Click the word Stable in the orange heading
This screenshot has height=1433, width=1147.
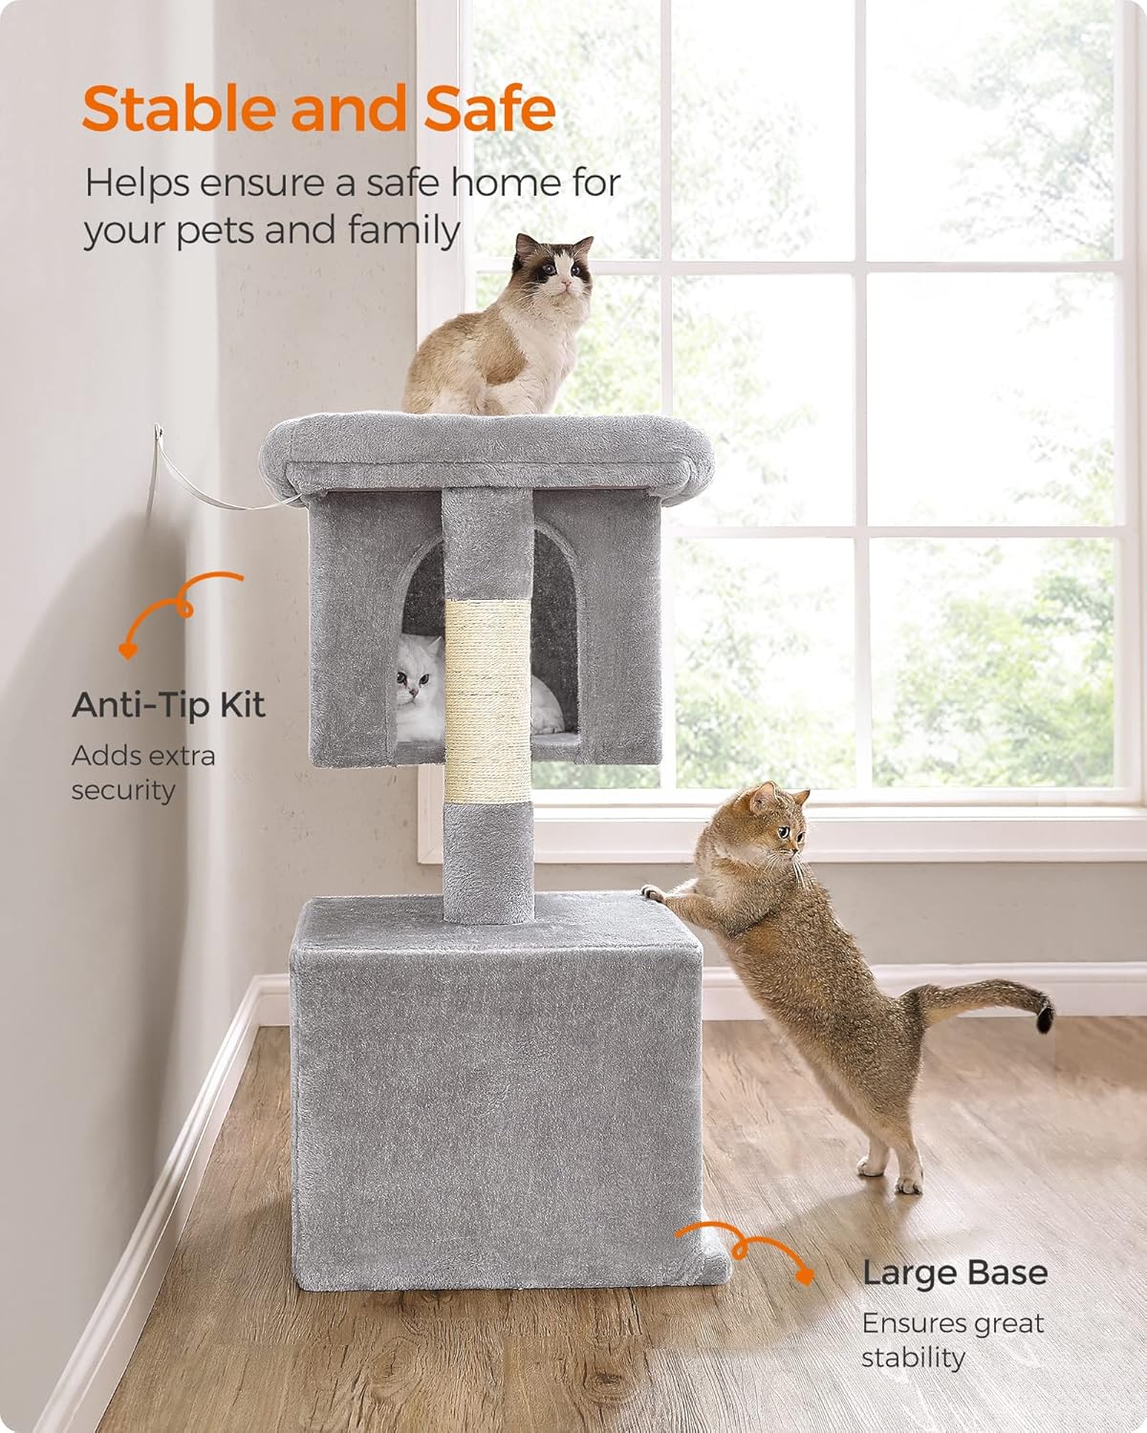(x=178, y=108)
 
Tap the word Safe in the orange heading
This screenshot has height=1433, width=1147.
(x=489, y=108)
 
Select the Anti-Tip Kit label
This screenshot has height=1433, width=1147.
(x=168, y=705)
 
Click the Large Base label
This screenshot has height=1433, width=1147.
(x=955, y=1273)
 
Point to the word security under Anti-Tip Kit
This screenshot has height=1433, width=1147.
(x=123, y=791)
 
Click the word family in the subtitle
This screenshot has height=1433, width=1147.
(x=404, y=231)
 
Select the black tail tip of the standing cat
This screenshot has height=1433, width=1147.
(x=1045, y=1016)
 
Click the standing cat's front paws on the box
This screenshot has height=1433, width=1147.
(x=657, y=893)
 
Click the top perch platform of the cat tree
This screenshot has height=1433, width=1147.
(x=487, y=451)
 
